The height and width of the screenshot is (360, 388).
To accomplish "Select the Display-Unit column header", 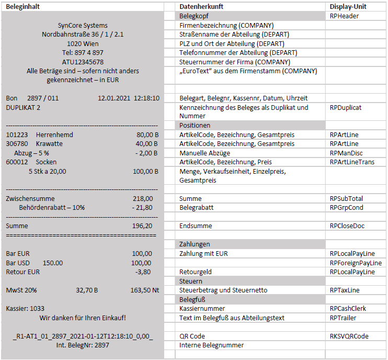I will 348,6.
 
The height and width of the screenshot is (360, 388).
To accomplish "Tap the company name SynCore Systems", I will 83,26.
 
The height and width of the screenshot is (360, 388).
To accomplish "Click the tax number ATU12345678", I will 83,62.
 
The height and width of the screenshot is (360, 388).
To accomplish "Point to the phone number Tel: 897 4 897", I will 83,53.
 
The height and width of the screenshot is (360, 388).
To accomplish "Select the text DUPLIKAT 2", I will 23,107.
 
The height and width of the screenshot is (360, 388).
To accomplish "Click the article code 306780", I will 17,144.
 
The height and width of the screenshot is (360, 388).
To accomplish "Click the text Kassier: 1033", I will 25,309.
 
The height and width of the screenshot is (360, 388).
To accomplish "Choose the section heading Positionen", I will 195,126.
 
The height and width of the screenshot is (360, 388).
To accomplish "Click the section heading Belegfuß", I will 192,299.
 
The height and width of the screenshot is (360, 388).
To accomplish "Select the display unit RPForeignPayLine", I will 356,263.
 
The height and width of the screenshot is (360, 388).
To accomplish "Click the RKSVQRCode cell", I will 349,336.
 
